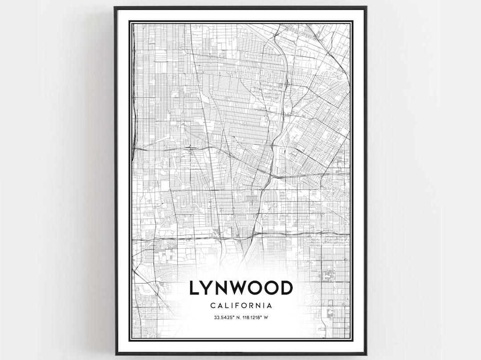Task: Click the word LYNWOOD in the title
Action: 241,288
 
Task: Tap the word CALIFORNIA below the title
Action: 241,306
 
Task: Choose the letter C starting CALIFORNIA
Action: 212,306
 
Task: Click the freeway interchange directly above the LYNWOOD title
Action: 254,233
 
